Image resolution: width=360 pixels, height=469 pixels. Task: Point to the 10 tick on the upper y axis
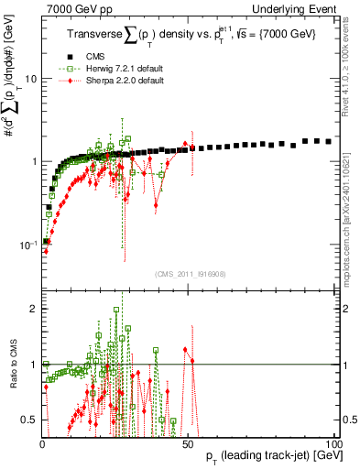[30, 78]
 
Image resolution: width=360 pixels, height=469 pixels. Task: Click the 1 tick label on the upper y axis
[34, 161]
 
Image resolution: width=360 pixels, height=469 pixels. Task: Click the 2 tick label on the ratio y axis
[34, 309]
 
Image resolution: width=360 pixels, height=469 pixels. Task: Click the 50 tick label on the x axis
[188, 443]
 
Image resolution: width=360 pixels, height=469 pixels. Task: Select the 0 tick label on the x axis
[42, 443]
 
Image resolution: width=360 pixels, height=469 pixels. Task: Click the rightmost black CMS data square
[329, 142]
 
